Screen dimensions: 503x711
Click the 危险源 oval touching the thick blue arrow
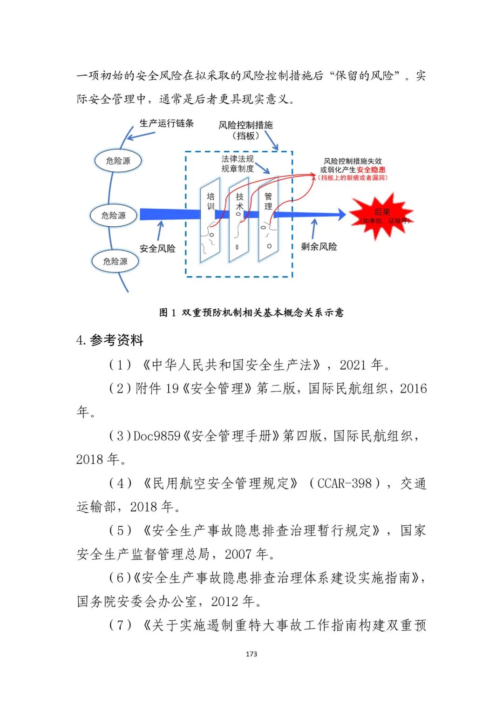coord(114,216)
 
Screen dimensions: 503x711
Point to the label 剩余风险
coord(319,247)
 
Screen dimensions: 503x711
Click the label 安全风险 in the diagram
coord(157,249)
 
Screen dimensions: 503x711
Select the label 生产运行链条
coord(166,123)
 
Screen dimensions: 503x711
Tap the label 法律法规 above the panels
coord(238,159)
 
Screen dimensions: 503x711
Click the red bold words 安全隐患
coord(371,170)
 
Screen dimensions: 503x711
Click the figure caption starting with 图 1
coord(251,312)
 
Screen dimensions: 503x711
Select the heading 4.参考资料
coord(110,340)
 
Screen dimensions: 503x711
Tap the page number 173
coord(251,654)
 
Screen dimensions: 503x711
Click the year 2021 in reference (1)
coord(353,365)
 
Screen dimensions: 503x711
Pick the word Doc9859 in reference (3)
coord(156,436)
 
